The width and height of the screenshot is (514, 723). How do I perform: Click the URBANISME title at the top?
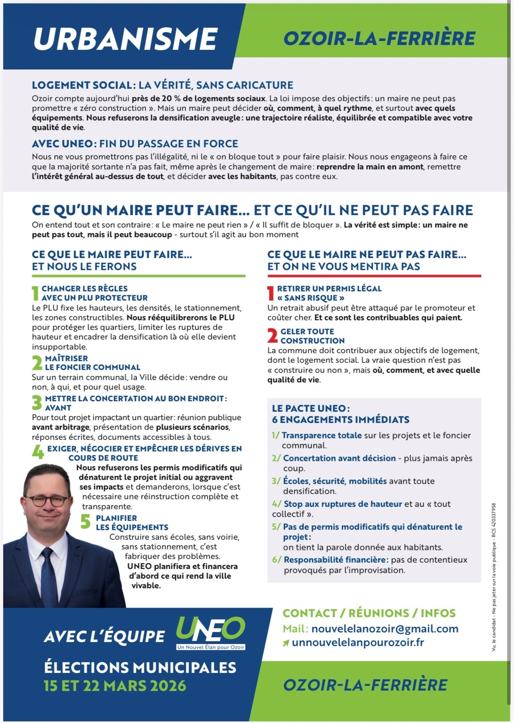(125, 39)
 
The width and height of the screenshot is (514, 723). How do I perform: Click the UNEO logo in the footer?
(210, 633)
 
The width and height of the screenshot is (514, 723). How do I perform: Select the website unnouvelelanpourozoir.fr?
(358, 642)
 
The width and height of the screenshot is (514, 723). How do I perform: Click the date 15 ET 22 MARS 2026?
(115, 685)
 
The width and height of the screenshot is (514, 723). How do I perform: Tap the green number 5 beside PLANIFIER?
(85, 522)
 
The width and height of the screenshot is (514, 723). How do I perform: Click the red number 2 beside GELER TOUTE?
(272, 335)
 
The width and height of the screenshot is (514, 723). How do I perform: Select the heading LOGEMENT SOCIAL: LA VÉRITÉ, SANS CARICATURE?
(162, 85)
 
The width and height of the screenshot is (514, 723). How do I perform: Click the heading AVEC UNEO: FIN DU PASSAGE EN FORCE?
(135, 144)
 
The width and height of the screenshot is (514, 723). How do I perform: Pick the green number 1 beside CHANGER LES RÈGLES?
(36, 293)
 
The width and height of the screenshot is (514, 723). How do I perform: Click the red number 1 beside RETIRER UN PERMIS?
(271, 293)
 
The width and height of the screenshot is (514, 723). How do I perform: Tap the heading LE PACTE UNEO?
(311, 408)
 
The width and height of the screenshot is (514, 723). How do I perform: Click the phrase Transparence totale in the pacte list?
(322, 435)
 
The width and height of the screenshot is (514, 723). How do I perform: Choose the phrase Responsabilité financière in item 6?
(336, 560)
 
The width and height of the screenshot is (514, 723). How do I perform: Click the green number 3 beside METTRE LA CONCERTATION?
(37, 402)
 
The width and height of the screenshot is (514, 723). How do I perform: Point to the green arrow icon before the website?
(285, 643)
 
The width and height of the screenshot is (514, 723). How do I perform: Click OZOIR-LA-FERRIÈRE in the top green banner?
(379, 39)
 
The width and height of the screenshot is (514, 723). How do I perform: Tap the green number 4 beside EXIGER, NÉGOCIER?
(38, 453)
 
